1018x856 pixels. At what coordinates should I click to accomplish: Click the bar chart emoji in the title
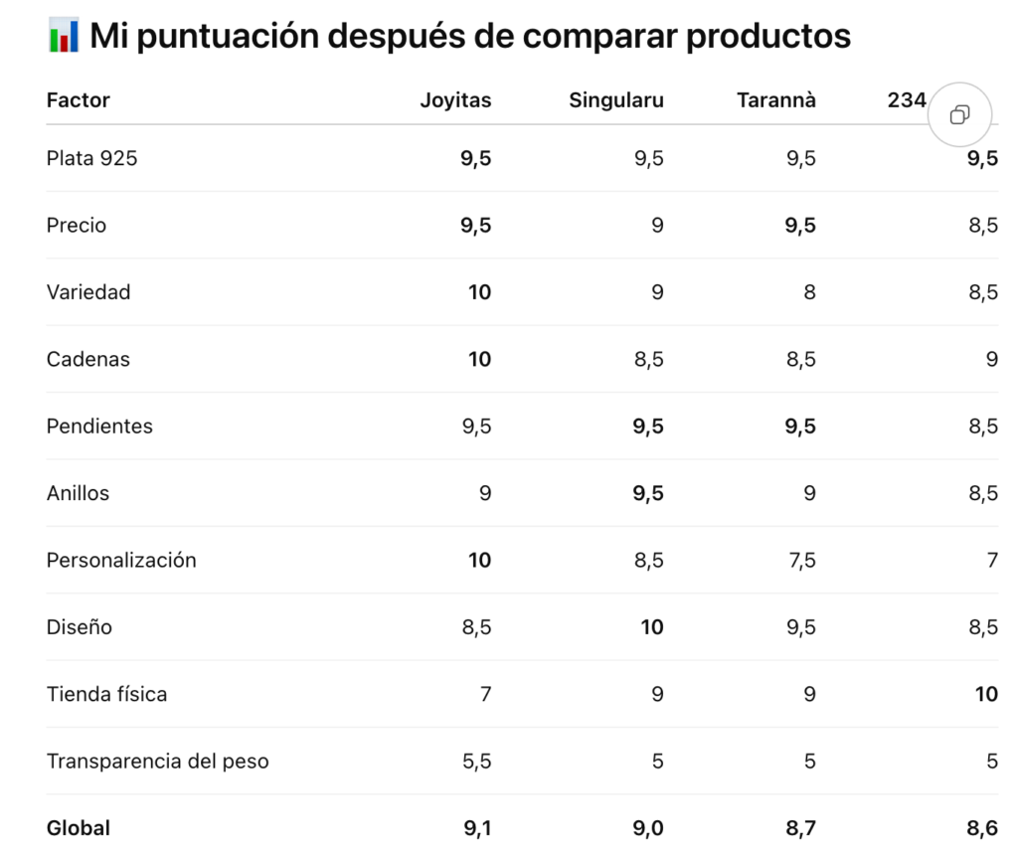[64, 35]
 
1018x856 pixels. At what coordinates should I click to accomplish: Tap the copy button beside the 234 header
[959, 115]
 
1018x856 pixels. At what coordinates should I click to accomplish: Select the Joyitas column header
[455, 100]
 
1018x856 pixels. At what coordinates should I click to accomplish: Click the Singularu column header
[616, 100]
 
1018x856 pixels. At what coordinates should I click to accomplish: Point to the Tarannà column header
[775, 100]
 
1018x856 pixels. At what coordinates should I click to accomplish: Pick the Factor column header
[78, 100]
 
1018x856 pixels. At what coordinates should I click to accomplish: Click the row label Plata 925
[91, 158]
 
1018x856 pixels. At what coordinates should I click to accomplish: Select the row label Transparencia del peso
[157, 762]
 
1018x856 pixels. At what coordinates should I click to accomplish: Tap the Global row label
[78, 828]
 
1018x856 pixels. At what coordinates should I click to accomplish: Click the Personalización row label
[120, 560]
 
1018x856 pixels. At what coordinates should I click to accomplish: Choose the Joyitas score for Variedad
[479, 292]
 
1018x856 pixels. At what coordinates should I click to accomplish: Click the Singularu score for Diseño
[652, 627]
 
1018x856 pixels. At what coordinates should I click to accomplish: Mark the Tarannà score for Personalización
[802, 561]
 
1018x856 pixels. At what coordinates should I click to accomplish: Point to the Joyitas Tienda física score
[485, 694]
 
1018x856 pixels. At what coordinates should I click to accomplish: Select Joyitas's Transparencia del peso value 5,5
[476, 762]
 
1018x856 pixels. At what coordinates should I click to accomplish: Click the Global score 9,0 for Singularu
[648, 828]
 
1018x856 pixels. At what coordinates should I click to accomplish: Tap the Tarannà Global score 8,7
[800, 828]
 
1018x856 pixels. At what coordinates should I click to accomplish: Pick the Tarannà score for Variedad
[809, 292]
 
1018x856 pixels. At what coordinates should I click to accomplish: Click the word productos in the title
[768, 37]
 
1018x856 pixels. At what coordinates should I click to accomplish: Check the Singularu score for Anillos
[648, 493]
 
